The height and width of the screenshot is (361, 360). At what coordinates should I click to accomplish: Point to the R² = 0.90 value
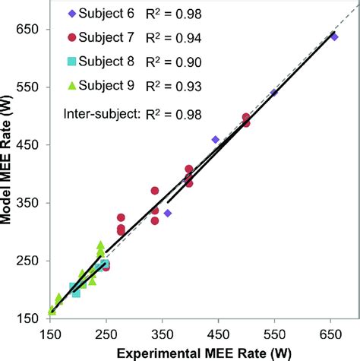tap(175, 62)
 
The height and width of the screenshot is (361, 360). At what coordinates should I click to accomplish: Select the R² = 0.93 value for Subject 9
tap(175, 87)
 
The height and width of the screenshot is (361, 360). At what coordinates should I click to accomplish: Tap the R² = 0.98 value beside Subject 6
tap(175, 13)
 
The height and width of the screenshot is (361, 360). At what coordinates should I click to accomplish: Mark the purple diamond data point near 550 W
tap(274, 93)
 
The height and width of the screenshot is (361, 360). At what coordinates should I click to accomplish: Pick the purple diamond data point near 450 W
tap(216, 140)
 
